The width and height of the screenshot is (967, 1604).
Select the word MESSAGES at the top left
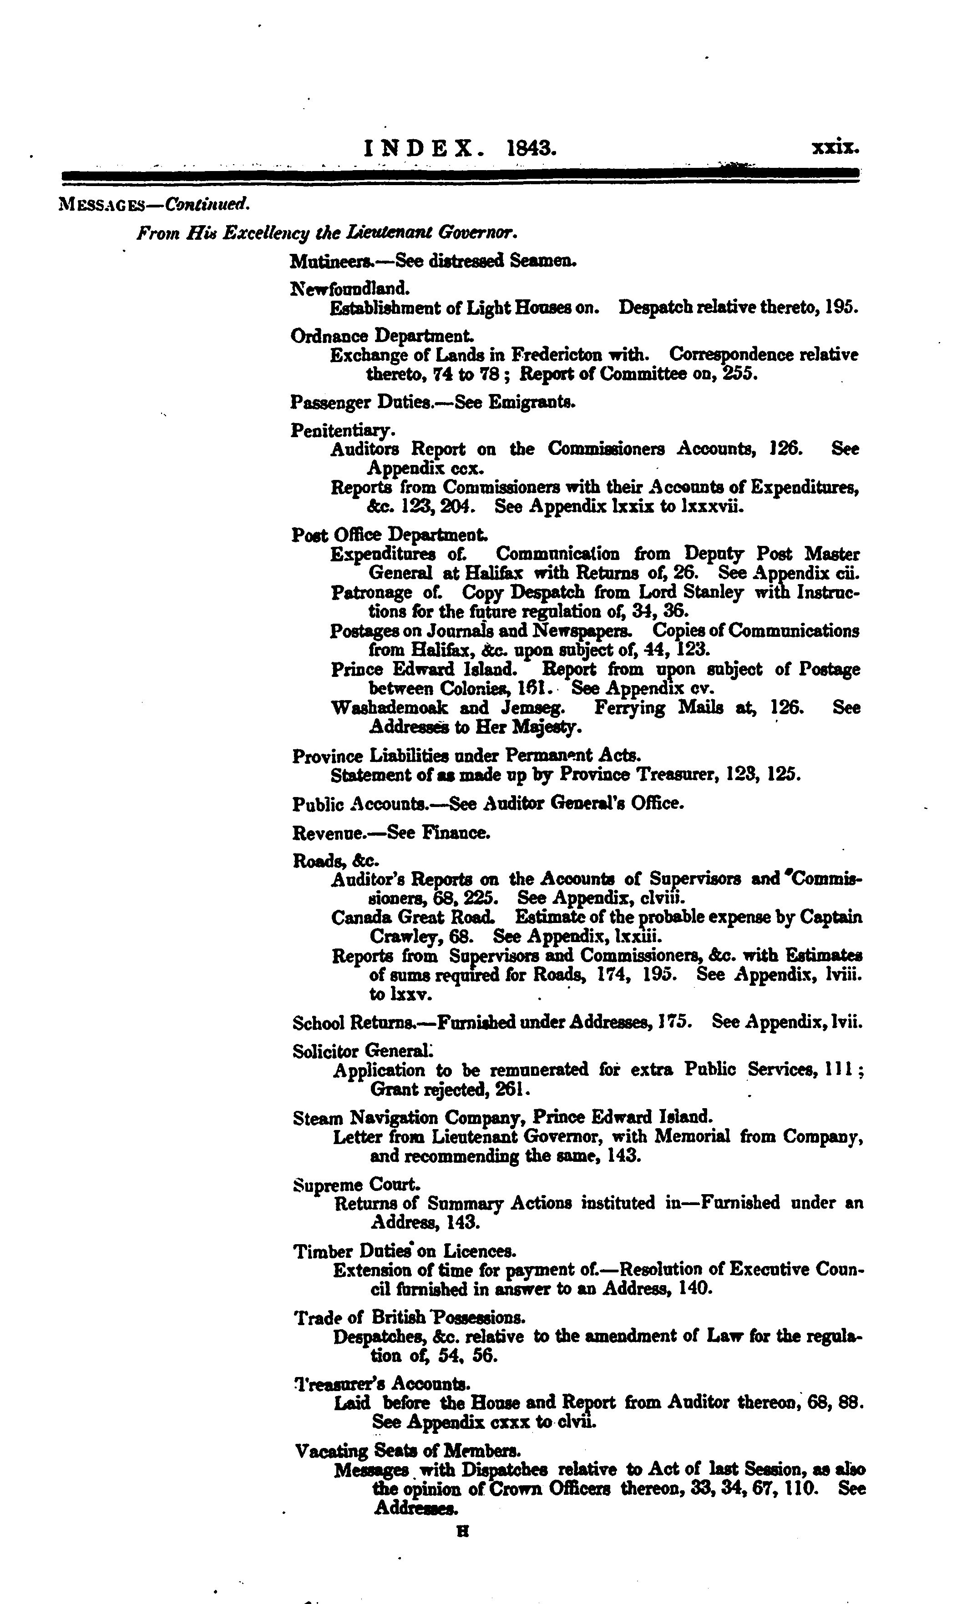[101, 205]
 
